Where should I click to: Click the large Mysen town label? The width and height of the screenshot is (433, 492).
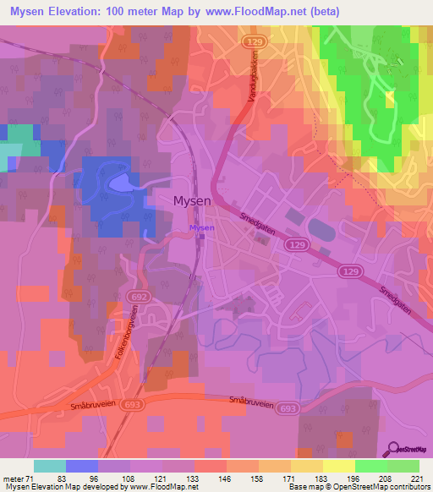pyautogui.click(x=198, y=201)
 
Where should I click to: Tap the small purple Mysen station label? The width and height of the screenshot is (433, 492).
pyautogui.click(x=201, y=228)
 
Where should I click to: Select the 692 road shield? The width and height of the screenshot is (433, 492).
pyautogui.click(x=138, y=298)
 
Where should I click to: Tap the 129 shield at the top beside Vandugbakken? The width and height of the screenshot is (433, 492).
pyautogui.click(x=251, y=41)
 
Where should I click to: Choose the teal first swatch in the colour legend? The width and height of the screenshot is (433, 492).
pyautogui.click(x=50, y=466)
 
